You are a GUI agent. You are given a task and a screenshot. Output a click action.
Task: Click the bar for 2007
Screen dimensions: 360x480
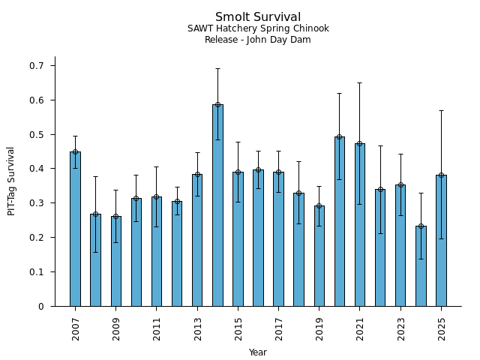coord(75,229)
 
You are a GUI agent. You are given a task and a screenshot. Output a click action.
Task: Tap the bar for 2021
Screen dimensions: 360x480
coord(360,224)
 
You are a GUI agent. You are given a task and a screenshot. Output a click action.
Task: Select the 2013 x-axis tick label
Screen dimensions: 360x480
coord(197,328)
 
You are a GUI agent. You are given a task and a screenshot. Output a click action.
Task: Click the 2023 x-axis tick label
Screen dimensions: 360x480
coord(400,328)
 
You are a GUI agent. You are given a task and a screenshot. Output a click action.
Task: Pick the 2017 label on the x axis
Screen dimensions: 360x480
coord(278,328)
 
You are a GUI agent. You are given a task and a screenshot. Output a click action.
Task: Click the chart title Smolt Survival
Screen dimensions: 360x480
coord(258,17)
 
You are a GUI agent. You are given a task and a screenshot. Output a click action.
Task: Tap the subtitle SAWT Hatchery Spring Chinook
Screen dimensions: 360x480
coord(258,29)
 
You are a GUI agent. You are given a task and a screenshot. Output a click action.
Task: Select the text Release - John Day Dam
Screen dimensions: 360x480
coord(258,40)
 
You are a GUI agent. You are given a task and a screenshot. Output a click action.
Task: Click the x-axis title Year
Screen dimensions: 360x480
coord(258,352)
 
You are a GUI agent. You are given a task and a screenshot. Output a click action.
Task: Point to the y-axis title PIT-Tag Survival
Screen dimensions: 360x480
coord(11,181)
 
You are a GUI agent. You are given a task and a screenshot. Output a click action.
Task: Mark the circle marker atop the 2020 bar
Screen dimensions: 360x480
coord(340,137)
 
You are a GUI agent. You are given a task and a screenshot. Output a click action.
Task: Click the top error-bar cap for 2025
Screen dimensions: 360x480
coord(441,110)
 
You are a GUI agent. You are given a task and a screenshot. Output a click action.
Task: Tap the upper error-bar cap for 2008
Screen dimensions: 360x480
coord(95,177)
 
